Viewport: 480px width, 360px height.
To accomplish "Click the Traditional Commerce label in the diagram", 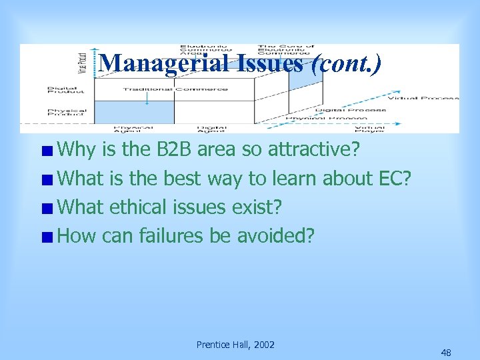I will (175, 89).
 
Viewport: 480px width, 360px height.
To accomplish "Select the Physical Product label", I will (67, 113).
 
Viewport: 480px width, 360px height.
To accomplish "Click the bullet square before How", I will (49, 237).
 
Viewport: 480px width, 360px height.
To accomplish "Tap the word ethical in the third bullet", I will (139, 207).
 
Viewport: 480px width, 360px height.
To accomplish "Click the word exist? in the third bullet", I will (257, 207).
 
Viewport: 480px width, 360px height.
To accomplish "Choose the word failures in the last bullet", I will (173, 236).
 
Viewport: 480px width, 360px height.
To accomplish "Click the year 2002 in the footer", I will (263, 345).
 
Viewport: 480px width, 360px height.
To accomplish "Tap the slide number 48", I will (446, 353).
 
